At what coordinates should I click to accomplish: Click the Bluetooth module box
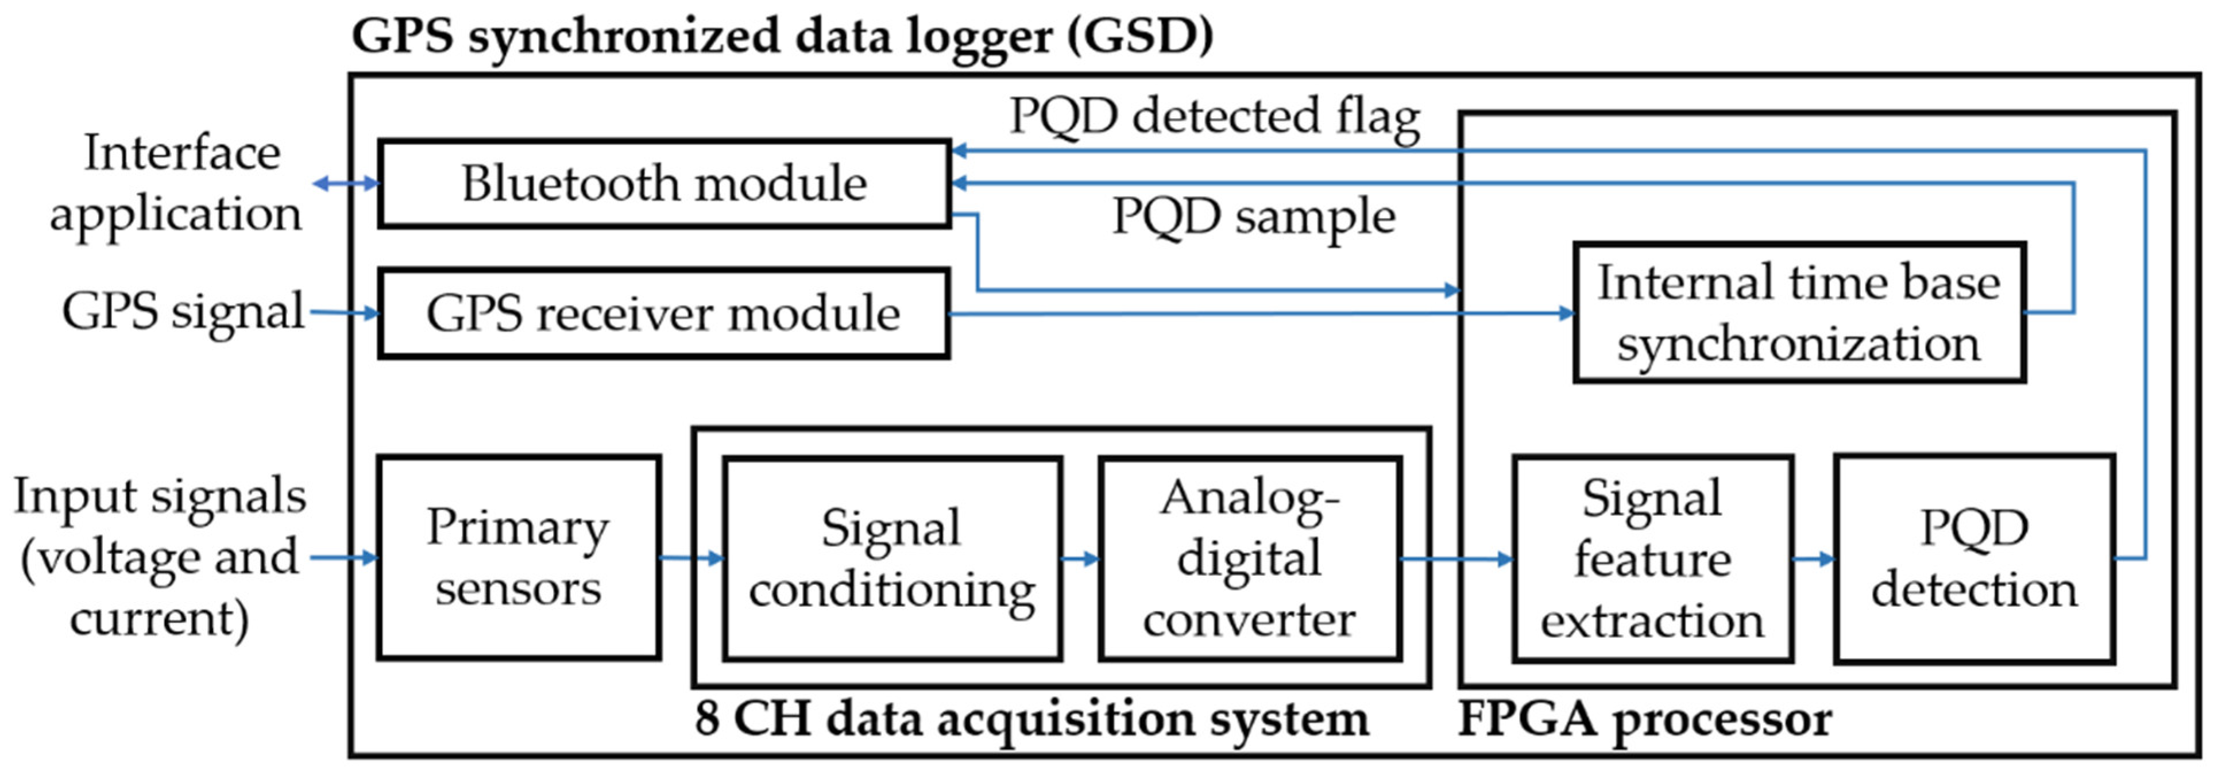663,184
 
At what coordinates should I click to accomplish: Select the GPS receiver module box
663,314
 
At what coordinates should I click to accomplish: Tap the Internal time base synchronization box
1799,314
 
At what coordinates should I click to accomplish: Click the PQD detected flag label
1214,117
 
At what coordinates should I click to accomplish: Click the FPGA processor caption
1644,719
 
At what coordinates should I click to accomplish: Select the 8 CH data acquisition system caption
1031,719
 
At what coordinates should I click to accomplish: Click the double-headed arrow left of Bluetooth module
346,183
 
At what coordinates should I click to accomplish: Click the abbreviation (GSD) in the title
1139,37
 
